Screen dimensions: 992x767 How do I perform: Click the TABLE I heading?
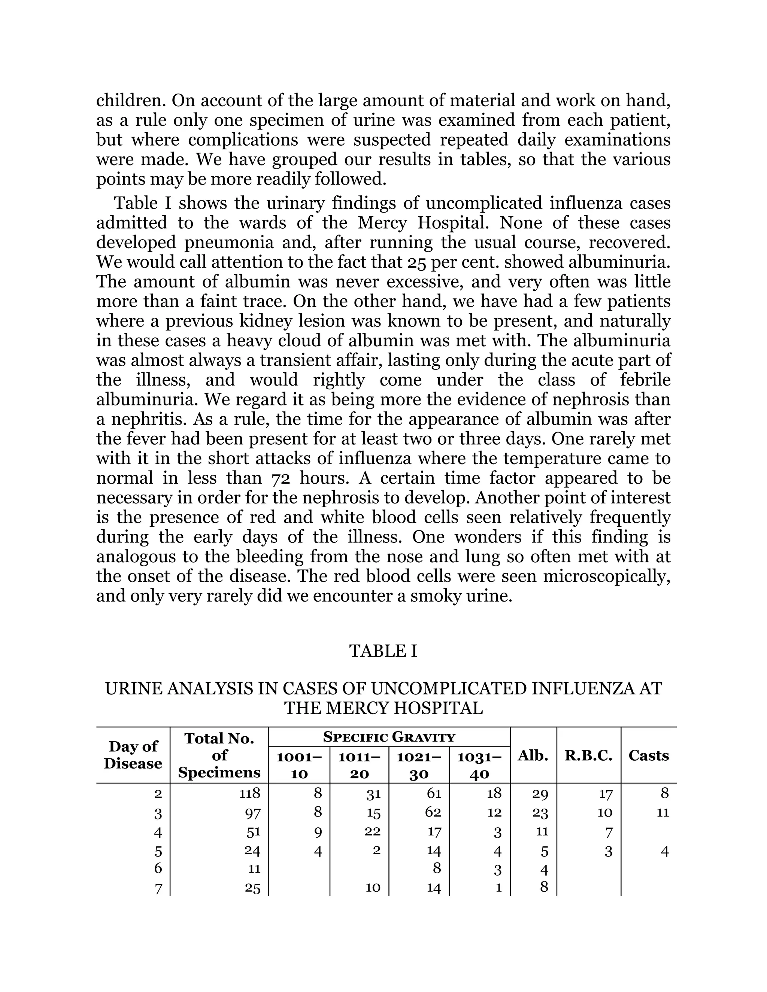[383, 651]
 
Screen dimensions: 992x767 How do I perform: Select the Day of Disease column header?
[133, 754]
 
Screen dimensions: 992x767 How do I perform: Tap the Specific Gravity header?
[389, 737]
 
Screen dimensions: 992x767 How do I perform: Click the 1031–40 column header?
[479, 766]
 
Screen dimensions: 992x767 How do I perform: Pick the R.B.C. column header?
[588, 755]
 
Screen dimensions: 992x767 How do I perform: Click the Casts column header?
[648, 755]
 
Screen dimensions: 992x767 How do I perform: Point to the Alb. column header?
[533, 755]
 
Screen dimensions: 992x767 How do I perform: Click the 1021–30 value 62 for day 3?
[433, 812]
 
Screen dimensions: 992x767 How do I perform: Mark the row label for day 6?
[158, 868]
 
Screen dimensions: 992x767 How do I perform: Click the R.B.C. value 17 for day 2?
[606, 794]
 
